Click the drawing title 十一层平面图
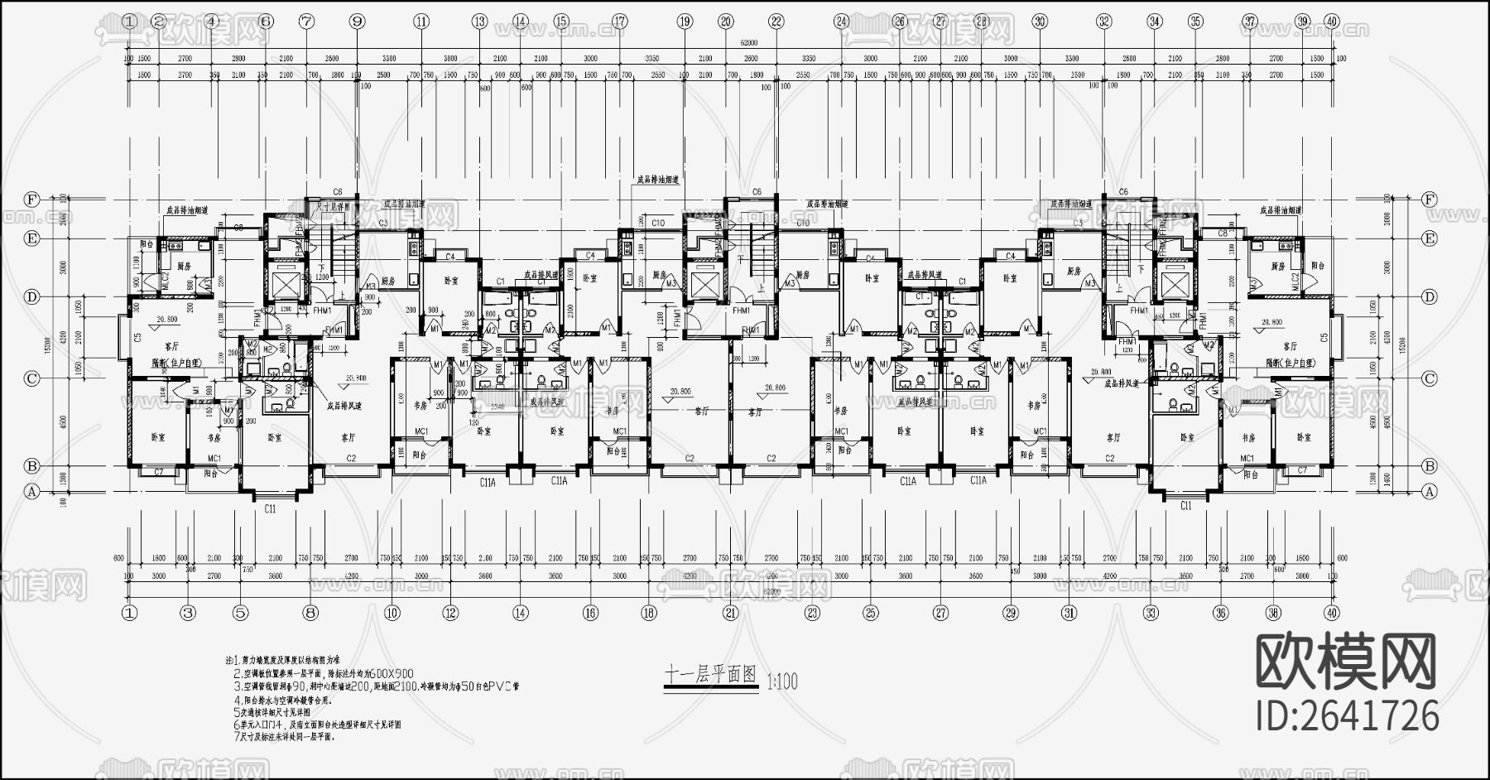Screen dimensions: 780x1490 click(712, 675)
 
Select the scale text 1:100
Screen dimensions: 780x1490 click(783, 681)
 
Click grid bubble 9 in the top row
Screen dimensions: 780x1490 click(358, 22)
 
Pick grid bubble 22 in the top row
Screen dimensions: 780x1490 click(776, 22)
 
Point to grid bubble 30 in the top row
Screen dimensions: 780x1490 click(1041, 22)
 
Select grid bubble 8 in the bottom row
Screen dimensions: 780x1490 click(310, 614)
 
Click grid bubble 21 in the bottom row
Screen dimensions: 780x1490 click(730, 614)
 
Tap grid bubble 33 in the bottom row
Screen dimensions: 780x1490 click(1151, 614)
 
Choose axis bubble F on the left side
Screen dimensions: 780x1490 click(32, 200)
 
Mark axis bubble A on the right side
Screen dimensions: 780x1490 click(1429, 491)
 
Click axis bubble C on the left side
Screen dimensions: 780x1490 click(32, 378)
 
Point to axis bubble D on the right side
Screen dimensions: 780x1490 click(1429, 296)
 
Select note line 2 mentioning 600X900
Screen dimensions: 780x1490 click(323, 674)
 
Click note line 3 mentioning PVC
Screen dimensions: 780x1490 click(377, 686)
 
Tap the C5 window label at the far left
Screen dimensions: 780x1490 click(137, 337)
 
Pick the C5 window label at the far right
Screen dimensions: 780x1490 click(1324, 337)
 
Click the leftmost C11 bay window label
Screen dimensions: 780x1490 click(270, 509)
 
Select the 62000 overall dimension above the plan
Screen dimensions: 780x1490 click(749, 42)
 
